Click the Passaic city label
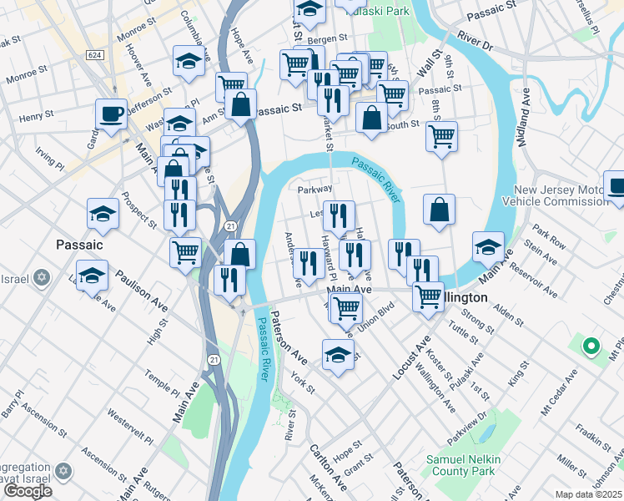coord(78,245)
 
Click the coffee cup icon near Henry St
coord(111,114)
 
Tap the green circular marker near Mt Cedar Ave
coord(591,346)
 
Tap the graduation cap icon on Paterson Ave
coord(338,352)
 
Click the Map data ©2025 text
coord(589,494)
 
